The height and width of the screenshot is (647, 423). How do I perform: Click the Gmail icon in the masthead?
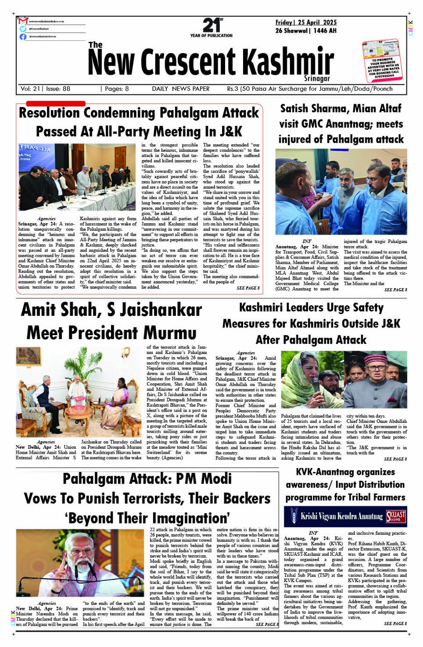[23, 21]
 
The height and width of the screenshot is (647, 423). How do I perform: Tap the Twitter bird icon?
[23, 29]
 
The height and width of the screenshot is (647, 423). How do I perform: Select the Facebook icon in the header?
[23, 37]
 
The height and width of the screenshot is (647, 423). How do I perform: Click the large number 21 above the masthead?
[211, 25]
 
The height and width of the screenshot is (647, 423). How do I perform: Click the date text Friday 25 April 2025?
[306, 22]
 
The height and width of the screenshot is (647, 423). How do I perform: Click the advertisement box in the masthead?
[383, 60]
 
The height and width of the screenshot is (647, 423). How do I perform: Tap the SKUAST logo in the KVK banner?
[396, 516]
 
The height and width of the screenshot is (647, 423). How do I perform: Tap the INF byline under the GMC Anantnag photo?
[307, 241]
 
